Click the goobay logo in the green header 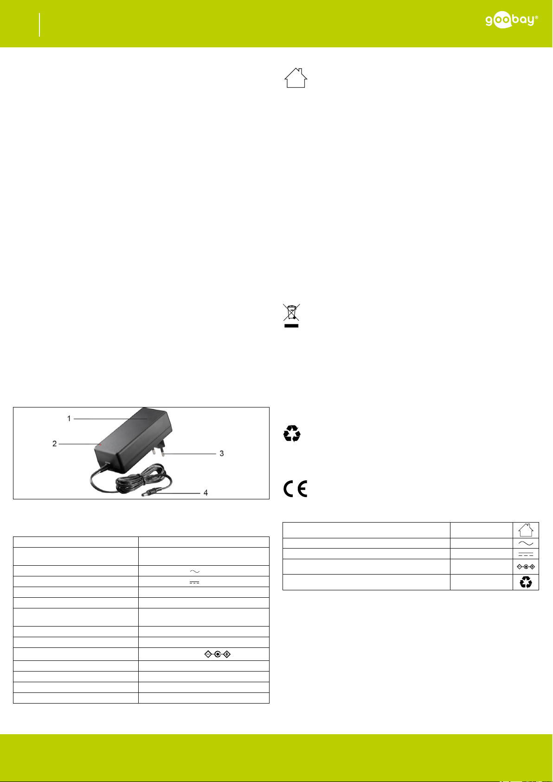point(512,20)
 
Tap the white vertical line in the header point(39,25)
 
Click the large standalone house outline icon point(296,78)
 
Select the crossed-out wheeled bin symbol point(291,312)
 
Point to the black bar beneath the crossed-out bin point(291,326)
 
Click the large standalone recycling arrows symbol point(292,433)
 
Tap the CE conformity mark point(295,488)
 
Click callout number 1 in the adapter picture point(69,418)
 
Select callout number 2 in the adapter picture point(54,444)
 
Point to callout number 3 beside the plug point(222,453)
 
